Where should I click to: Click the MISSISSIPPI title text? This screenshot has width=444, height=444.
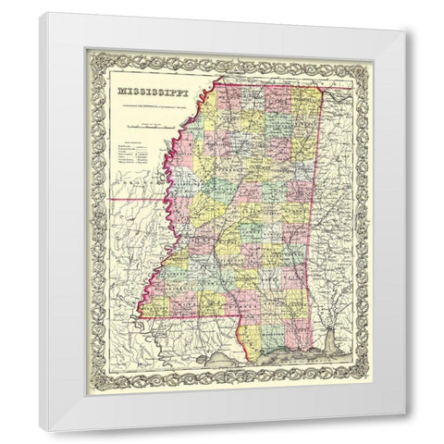point(148,93)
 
